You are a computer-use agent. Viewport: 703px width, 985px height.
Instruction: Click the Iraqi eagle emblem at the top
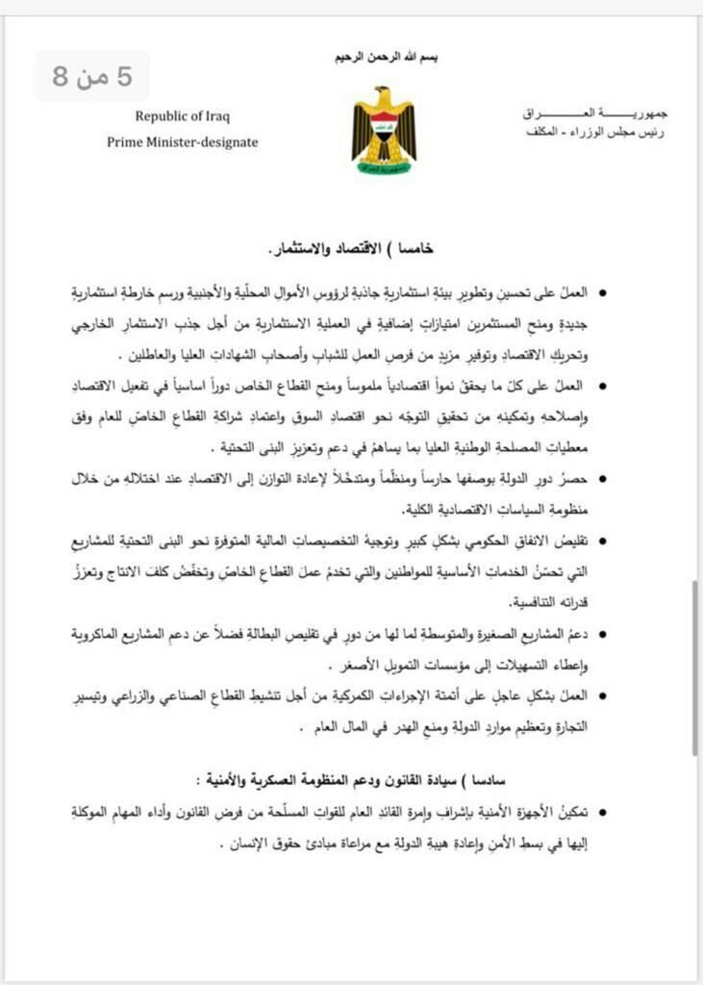coord(384,130)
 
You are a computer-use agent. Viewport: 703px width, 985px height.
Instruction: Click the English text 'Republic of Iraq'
coord(183,116)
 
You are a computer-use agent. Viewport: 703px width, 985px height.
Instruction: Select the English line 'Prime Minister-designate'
coord(183,142)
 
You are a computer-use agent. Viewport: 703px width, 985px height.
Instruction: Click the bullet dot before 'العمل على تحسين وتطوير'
coord(603,290)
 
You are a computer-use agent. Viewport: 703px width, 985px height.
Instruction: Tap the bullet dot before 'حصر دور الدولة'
coord(603,478)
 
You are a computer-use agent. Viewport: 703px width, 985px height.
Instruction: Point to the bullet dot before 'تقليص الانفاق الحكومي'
coord(603,543)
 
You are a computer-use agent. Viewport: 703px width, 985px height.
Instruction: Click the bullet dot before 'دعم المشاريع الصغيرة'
coord(603,636)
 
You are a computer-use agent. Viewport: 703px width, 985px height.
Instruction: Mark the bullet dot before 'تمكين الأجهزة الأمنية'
coord(603,813)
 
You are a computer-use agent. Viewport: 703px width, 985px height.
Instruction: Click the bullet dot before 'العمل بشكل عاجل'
coord(603,695)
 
